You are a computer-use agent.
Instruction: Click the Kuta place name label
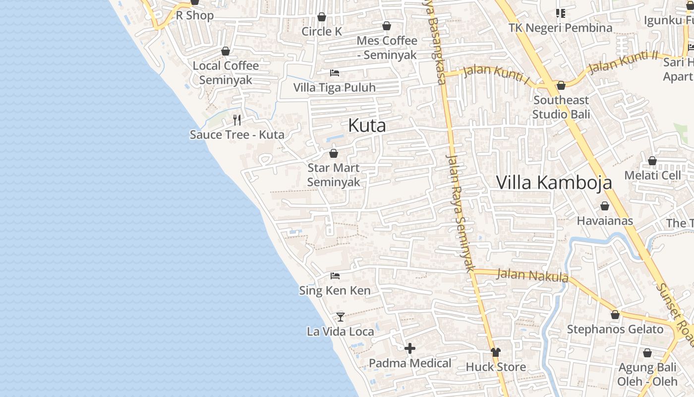click(367, 126)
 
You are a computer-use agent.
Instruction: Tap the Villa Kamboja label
click(554, 183)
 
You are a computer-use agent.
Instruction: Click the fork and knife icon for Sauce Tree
click(237, 120)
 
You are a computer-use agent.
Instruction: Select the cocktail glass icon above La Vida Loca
click(340, 316)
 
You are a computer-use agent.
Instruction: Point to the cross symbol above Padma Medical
click(410, 348)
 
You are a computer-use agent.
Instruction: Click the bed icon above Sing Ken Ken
click(335, 275)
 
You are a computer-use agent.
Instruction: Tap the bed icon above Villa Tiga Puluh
click(335, 73)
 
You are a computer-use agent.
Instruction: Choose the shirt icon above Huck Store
click(496, 352)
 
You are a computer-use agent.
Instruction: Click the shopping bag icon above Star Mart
click(334, 153)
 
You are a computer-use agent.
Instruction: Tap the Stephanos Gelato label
click(615, 330)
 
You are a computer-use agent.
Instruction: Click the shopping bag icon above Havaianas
click(605, 206)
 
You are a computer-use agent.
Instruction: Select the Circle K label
click(322, 31)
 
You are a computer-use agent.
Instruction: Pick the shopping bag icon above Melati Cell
click(652, 161)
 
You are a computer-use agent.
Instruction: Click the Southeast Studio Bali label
click(561, 107)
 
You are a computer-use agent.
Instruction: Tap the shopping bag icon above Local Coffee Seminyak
click(226, 51)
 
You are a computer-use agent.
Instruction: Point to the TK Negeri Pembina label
click(560, 28)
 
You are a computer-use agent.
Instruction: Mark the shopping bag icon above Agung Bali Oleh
click(647, 353)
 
